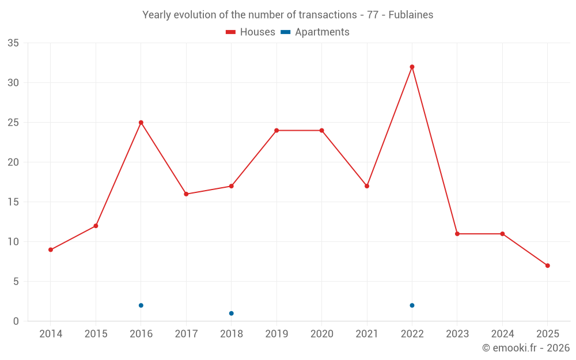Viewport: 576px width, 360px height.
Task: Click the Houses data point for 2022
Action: pyautogui.click(x=412, y=67)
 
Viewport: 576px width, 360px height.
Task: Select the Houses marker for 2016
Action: pyautogui.click(x=141, y=123)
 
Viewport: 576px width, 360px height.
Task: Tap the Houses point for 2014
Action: pyautogui.click(x=51, y=249)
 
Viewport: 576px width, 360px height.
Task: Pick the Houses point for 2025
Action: pyautogui.click(x=547, y=266)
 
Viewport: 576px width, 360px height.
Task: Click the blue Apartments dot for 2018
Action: pyautogui.click(x=231, y=313)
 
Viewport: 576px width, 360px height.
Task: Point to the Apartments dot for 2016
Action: pyautogui.click(x=141, y=305)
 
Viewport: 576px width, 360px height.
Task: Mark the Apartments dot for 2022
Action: pyautogui.click(x=412, y=305)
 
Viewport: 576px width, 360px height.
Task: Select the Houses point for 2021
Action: pyautogui.click(x=367, y=186)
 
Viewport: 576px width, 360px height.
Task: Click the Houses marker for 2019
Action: pyautogui.click(x=276, y=130)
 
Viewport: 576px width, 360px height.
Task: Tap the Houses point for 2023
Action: pyautogui.click(x=457, y=234)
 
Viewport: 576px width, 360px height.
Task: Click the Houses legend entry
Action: pyautogui.click(x=251, y=32)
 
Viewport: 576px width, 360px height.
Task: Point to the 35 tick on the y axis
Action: pyautogui.click(x=13, y=43)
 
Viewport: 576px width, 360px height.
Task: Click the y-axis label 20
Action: pyautogui.click(x=13, y=162)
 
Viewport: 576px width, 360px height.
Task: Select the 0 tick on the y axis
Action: pyautogui.click(x=16, y=321)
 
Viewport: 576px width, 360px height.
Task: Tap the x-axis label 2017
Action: pyautogui.click(x=186, y=334)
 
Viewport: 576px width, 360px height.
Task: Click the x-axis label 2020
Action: pyautogui.click(x=321, y=334)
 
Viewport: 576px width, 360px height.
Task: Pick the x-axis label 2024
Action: pyautogui.click(x=502, y=334)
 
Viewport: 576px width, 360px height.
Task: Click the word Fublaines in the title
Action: pyautogui.click(x=411, y=15)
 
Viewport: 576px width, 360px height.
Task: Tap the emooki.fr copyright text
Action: pyautogui.click(x=526, y=348)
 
